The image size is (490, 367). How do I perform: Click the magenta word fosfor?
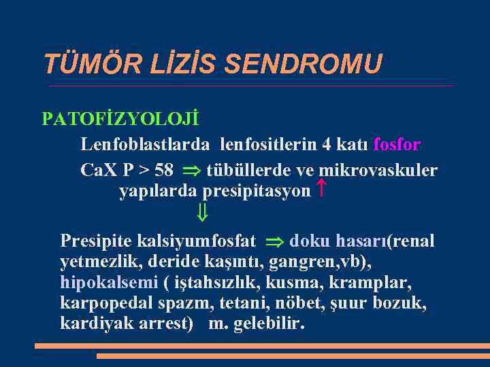coord(397,145)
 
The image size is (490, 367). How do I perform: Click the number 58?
coord(164,170)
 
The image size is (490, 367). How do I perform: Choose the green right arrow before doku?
coord(274,241)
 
